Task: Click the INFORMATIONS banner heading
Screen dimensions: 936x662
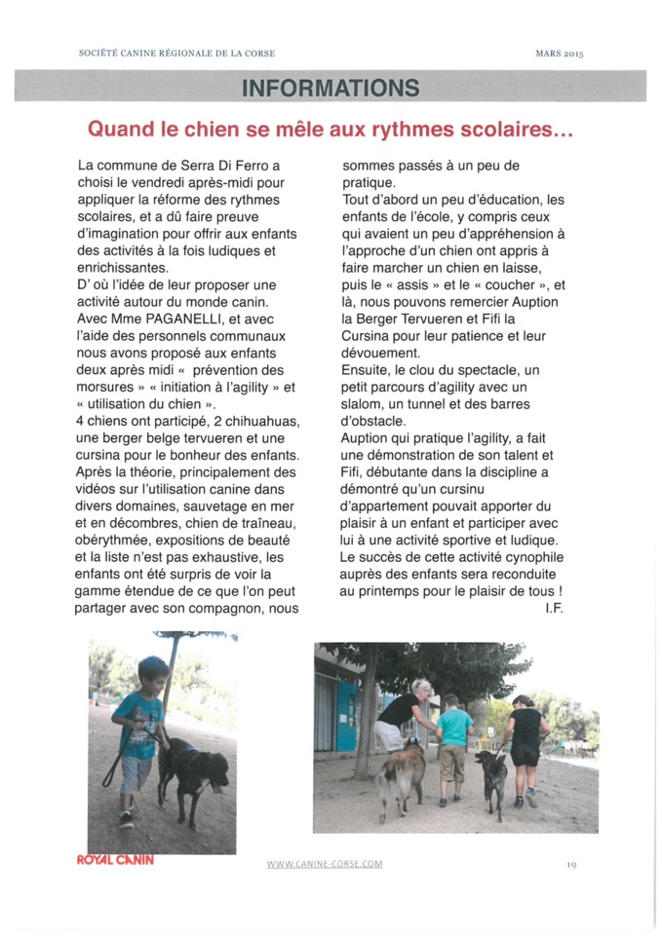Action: click(331, 88)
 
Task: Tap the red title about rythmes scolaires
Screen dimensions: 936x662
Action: click(330, 129)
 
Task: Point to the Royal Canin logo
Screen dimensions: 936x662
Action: click(115, 860)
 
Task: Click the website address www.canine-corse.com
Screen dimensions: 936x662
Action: click(325, 864)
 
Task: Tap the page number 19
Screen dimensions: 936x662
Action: click(571, 864)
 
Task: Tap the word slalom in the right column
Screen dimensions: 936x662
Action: click(369, 404)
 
